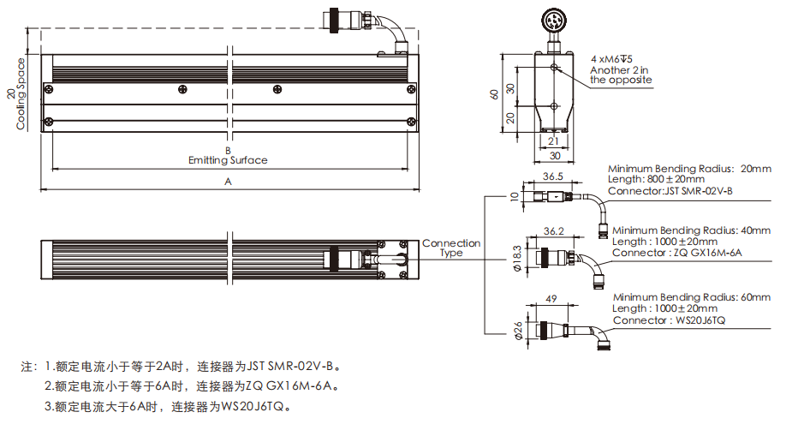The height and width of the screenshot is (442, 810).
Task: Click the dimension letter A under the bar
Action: point(228,182)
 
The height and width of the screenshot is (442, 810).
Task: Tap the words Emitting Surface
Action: point(228,160)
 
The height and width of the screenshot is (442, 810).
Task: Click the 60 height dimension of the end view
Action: point(494,94)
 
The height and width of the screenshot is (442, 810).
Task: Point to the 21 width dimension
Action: point(553,142)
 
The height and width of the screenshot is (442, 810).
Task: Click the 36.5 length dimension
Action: point(554,177)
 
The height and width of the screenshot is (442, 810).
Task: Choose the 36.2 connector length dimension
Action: point(554,231)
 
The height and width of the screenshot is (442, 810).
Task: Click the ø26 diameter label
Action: point(518,330)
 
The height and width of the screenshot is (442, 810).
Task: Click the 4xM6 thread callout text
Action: point(610,59)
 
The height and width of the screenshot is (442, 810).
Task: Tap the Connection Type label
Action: point(451,248)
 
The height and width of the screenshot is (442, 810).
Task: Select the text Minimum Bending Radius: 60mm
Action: point(692,297)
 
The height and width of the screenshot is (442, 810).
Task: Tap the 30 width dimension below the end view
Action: point(554,156)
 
